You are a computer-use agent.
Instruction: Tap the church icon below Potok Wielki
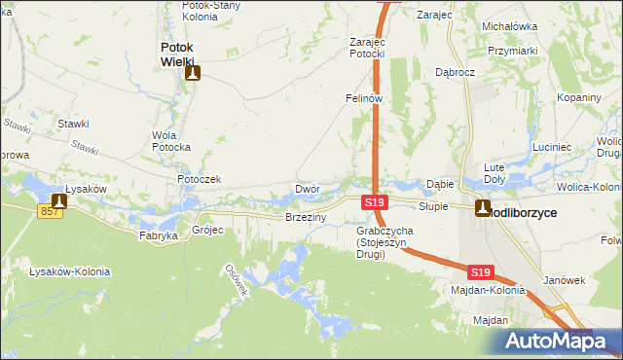[x=193, y=72]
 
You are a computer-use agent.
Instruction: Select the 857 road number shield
[x=51, y=211]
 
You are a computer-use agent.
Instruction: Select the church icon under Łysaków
[x=61, y=201]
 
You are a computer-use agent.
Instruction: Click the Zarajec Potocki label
[x=369, y=48]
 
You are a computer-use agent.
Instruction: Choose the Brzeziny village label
[x=305, y=217]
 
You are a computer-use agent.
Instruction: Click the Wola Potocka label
[x=171, y=141]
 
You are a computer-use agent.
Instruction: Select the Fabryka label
[x=159, y=235]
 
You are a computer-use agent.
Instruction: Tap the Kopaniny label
[x=579, y=97]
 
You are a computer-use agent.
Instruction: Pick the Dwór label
[x=307, y=189]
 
